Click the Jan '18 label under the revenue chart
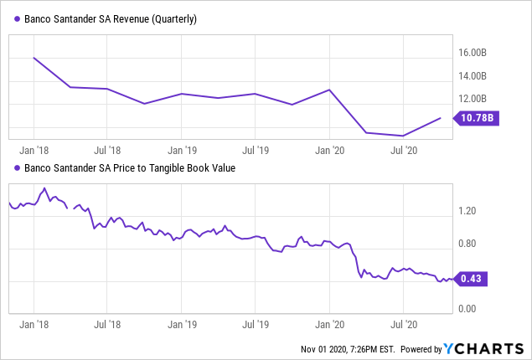33,152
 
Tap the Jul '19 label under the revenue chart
255,152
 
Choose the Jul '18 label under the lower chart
106,321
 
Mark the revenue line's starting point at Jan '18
34,58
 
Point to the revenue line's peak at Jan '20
329,90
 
